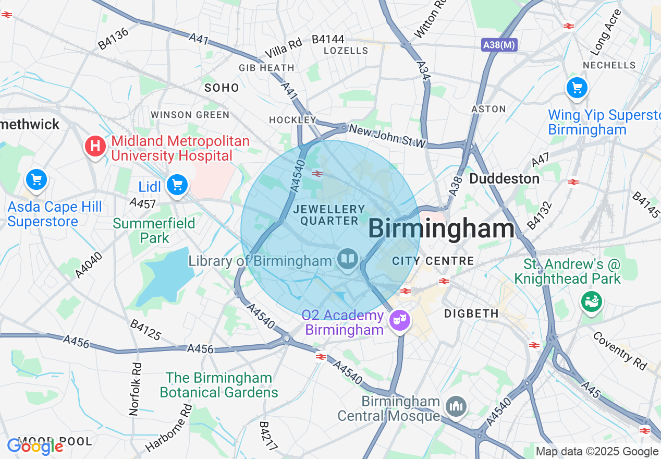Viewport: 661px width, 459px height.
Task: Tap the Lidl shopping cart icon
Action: (x=177, y=185)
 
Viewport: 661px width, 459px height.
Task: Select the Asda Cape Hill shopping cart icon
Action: (x=36, y=180)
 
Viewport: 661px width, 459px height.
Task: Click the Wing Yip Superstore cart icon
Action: (x=577, y=88)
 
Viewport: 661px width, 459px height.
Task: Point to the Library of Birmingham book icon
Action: (x=347, y=259)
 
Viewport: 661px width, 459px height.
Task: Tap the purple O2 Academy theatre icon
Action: (x=400, y=319)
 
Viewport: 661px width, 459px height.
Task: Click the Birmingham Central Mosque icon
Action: (x=456, y=406)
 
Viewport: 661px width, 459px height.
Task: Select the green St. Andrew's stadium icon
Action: (x=592, y=301)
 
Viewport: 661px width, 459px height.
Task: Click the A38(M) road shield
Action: (x=499, y=45)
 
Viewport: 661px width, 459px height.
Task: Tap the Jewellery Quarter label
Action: (x=329, y=215)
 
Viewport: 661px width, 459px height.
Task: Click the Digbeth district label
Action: (x=471, y=313)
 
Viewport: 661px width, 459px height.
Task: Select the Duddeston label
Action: (x=504, y=178)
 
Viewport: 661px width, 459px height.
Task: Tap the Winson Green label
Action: (x=190, y=115)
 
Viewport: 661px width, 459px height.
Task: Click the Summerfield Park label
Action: (x=154, y=231)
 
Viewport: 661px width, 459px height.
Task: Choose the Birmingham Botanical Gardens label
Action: (x=219, y=385)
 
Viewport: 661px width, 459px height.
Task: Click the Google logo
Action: (x=35, y=446)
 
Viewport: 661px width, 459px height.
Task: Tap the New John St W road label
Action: (x=388, y=136)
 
